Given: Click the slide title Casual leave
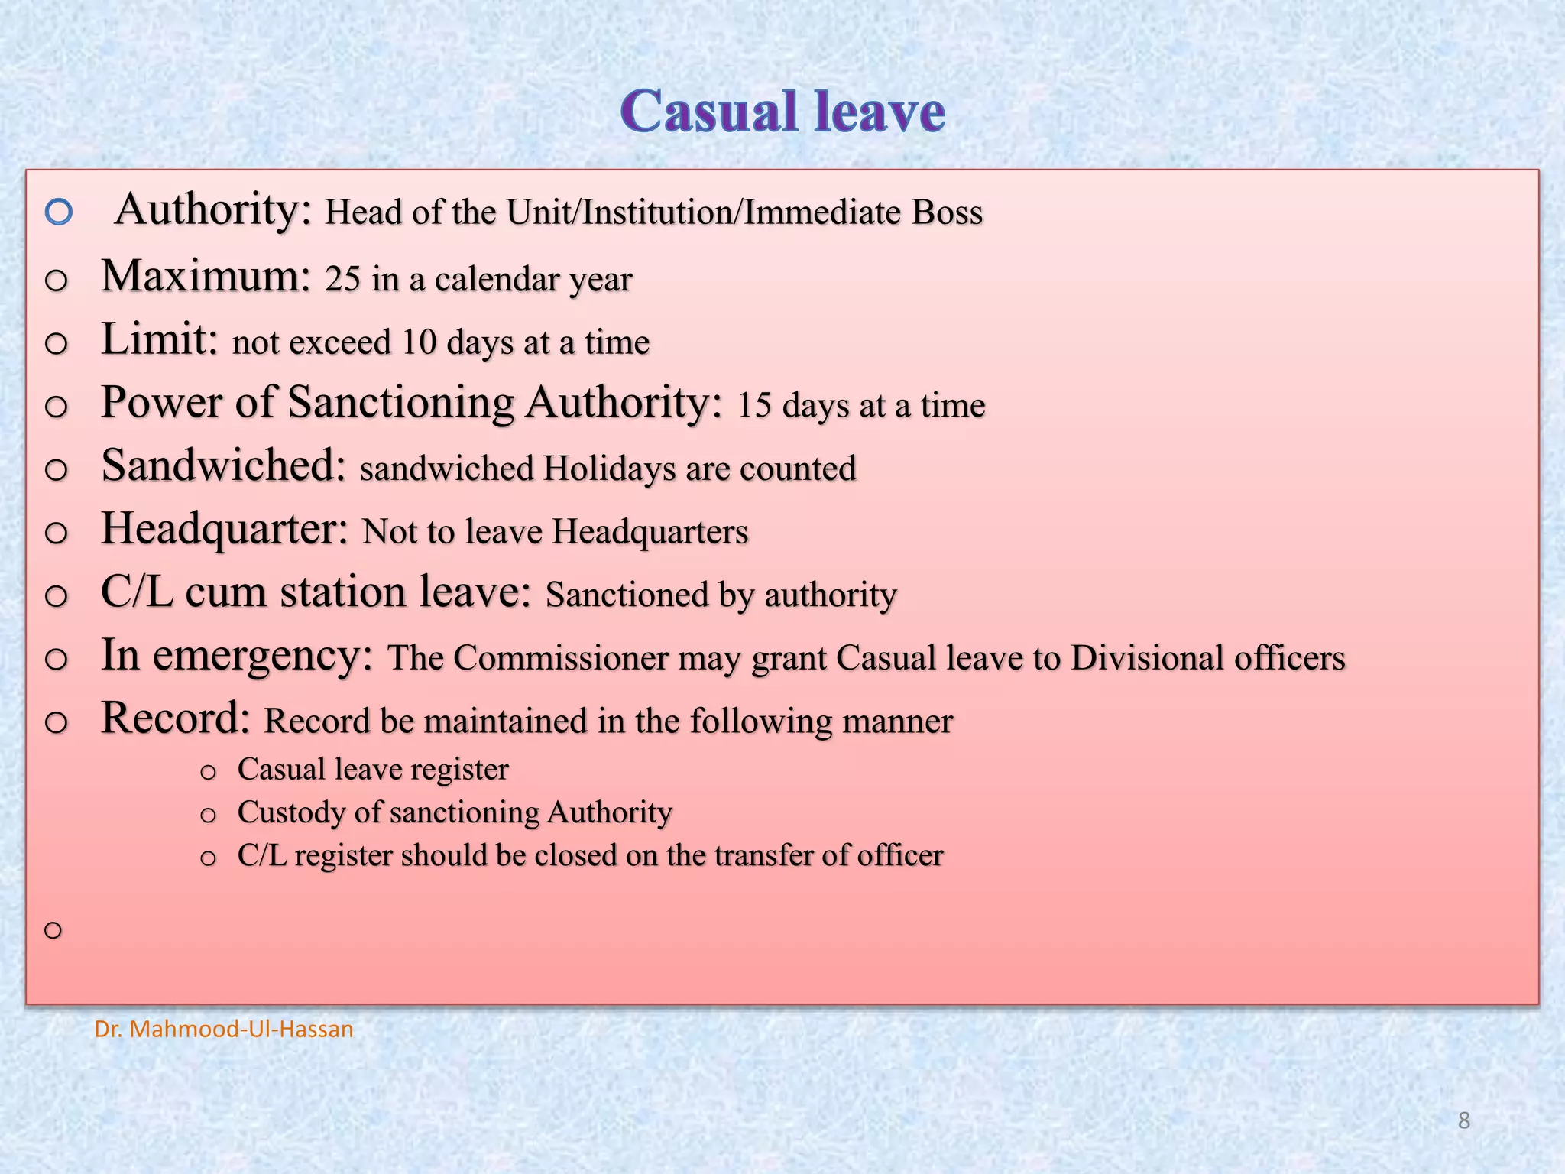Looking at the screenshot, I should point(782,112).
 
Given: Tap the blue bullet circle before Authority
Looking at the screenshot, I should point(59,212).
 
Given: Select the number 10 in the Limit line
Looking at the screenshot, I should point(418,342).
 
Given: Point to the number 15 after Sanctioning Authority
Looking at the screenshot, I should point(754,406).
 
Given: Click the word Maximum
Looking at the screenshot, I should point(206,276).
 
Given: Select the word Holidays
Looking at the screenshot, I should point(609,469).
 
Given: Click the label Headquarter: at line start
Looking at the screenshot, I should point(225,529).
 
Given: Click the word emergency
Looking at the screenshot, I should point(262,657).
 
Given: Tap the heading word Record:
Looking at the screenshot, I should point(176,718).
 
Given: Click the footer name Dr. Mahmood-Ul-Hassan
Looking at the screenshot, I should point(224,1030).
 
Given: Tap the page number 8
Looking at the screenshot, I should point(1463,1120).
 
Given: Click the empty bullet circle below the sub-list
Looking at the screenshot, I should point(53,930).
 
